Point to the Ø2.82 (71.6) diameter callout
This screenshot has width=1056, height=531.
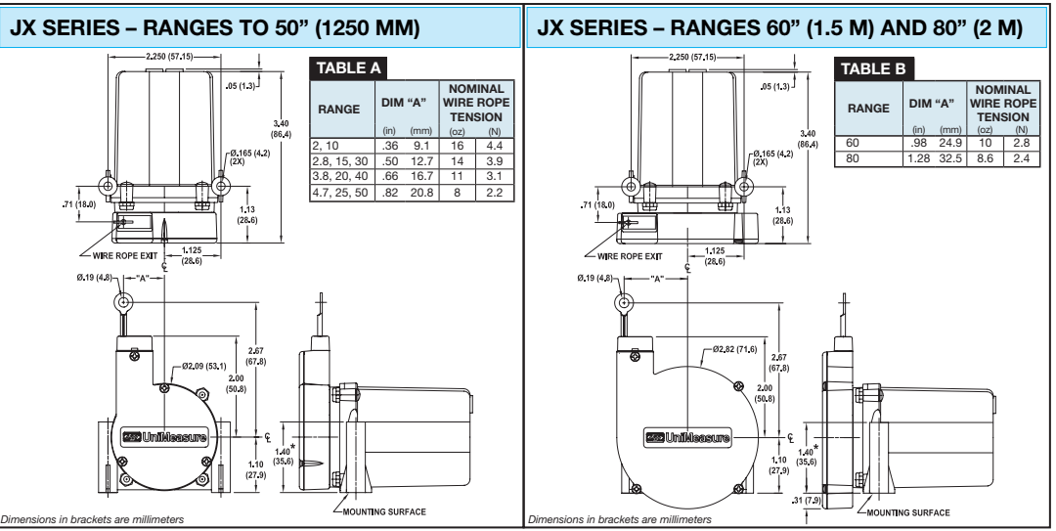734,349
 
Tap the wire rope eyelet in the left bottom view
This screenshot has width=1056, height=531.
121,303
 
